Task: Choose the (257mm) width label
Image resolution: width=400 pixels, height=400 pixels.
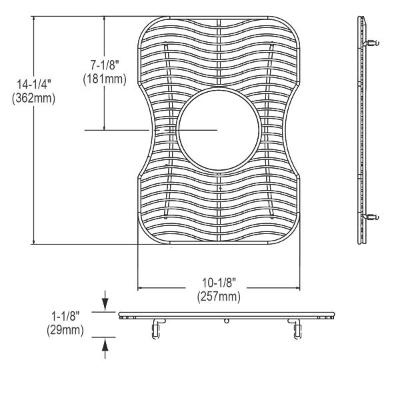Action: pos(218,295)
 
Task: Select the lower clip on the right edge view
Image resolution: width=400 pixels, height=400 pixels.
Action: pos(372,216)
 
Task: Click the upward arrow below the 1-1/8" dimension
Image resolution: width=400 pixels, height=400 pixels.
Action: pos(105,345)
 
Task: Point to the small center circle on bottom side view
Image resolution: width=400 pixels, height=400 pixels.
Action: pos(227,321)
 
